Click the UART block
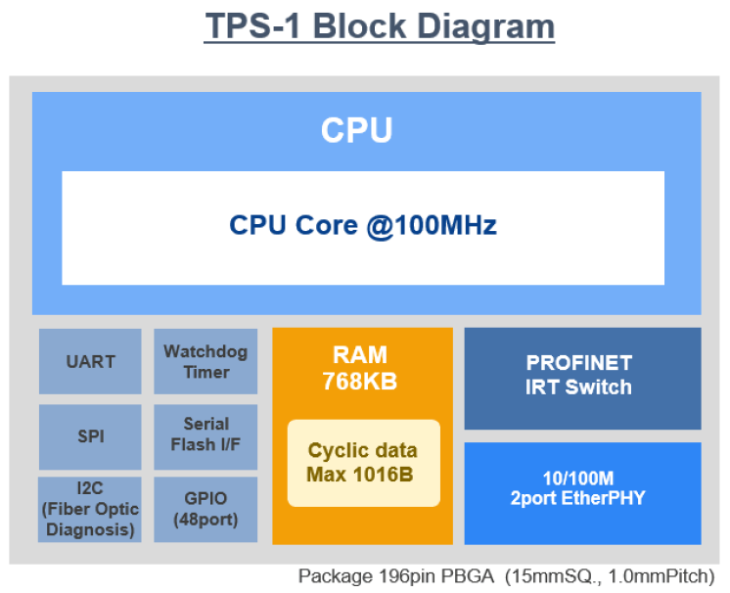click(x=90, y=361)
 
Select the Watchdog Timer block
click(x=205, y=361)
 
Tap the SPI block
click(x=90, y=436)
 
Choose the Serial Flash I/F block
click(x=205, y=435)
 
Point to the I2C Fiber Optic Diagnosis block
click(x=90, y=509)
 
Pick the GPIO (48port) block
click(x=205, y=509)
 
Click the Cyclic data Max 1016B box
click(x=363, y=463)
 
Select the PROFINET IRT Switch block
click(x=582, y=377)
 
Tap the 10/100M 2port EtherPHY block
click(x=582, y=492)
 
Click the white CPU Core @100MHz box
click(x=363, y=227)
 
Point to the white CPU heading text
click(x=357, y=130)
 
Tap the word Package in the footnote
click(x=332, y=576)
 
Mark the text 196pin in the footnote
click(x=400, y=576)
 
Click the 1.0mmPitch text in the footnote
click(x=665, y=576)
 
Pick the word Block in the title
click(x=358, y=26)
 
